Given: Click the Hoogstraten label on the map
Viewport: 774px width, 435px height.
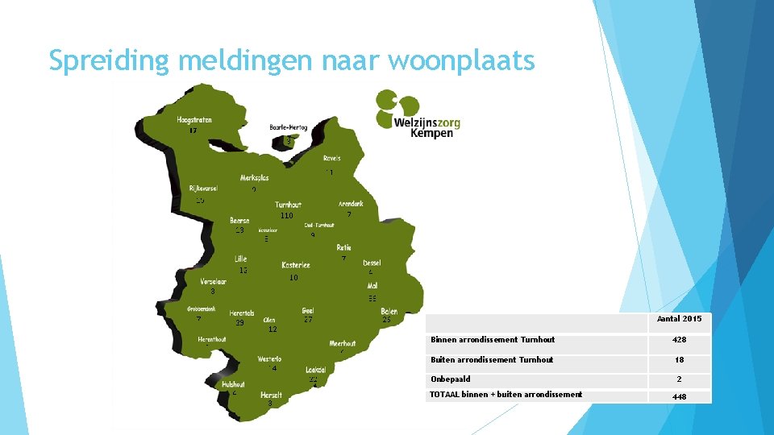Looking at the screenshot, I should pos(194,120).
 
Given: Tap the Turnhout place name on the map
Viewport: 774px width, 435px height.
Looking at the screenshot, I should pos(288,205).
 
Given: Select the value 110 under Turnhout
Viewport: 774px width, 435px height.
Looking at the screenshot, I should pos(286,216).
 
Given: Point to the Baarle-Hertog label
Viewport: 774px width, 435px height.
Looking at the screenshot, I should pos(288,127).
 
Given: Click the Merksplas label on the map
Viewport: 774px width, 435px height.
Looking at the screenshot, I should pos(254,178).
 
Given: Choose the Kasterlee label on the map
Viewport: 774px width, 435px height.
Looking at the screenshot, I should pos(296,265).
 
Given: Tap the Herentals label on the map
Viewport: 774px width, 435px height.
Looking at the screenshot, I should pos(242,313).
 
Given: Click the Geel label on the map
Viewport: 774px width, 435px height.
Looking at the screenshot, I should pos(308,310).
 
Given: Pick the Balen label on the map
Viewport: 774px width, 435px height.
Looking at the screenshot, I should pos(389,311).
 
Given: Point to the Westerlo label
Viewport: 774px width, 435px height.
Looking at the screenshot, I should pos(269,358).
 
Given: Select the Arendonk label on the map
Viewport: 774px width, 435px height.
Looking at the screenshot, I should pos(351,204).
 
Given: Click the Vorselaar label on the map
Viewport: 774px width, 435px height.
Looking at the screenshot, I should pos(213,282).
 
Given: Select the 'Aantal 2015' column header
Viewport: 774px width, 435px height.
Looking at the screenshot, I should pos(679,319).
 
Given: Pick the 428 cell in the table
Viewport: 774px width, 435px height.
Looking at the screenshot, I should pos(679,340).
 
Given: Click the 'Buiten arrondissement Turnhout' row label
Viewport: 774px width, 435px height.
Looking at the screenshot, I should pos(492,360).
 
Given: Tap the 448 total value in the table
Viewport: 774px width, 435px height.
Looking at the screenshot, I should pos(679,396).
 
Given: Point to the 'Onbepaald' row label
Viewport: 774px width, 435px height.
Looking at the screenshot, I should pos(451,379).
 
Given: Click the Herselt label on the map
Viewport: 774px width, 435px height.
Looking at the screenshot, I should pos(271,395).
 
